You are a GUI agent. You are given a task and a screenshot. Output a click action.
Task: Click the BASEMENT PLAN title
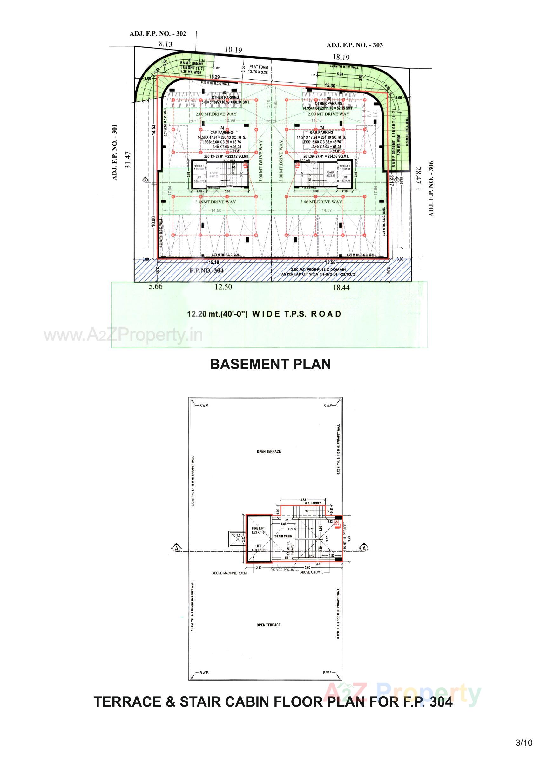(270, 364)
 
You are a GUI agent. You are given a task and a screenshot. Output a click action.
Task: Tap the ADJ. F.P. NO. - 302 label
(158, 34)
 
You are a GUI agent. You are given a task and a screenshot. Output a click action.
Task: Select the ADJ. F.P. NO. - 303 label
(355, 45)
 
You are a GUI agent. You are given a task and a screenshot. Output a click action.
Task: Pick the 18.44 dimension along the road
(341, 287)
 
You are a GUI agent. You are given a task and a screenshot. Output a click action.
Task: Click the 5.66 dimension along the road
(156, 286)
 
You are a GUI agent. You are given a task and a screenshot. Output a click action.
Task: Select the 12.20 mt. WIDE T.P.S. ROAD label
(264, 314)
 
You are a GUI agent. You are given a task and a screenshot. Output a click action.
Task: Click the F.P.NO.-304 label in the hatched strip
(206, 270)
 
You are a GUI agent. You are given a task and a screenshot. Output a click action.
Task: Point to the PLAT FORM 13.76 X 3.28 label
(259, 70)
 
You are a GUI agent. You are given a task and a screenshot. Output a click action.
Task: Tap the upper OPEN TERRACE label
(268, 451)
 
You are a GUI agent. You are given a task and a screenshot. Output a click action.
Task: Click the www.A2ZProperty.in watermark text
(123, 335)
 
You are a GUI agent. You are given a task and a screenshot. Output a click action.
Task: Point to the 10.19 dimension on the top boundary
(233, 50)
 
